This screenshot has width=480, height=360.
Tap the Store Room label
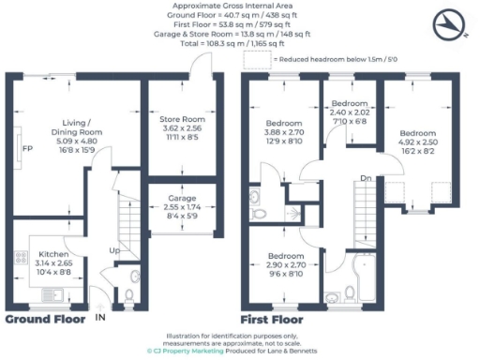point(181,119)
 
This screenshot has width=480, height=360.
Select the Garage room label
point(181,199)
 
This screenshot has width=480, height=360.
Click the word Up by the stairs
point(114,250)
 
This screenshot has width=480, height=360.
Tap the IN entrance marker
point(100,318)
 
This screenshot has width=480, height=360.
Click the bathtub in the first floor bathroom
point(360,277)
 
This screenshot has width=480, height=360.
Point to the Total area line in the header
point(239,44)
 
